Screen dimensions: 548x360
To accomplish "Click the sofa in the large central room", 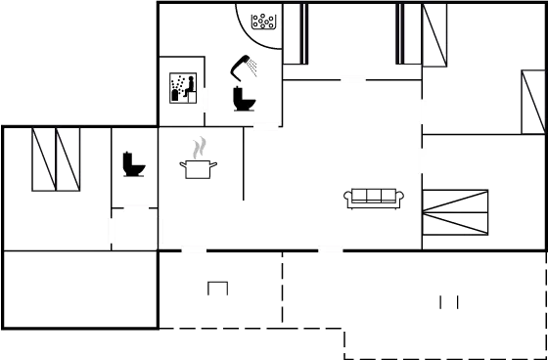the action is [373, 197].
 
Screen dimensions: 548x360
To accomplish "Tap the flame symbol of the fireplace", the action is [199, 150].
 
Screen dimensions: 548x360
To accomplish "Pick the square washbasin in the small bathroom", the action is [181, 87].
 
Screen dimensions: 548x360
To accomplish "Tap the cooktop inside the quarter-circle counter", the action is [263, 21].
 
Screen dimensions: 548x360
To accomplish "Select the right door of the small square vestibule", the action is [160, 231].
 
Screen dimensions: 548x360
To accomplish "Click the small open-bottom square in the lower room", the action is [217, 288].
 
